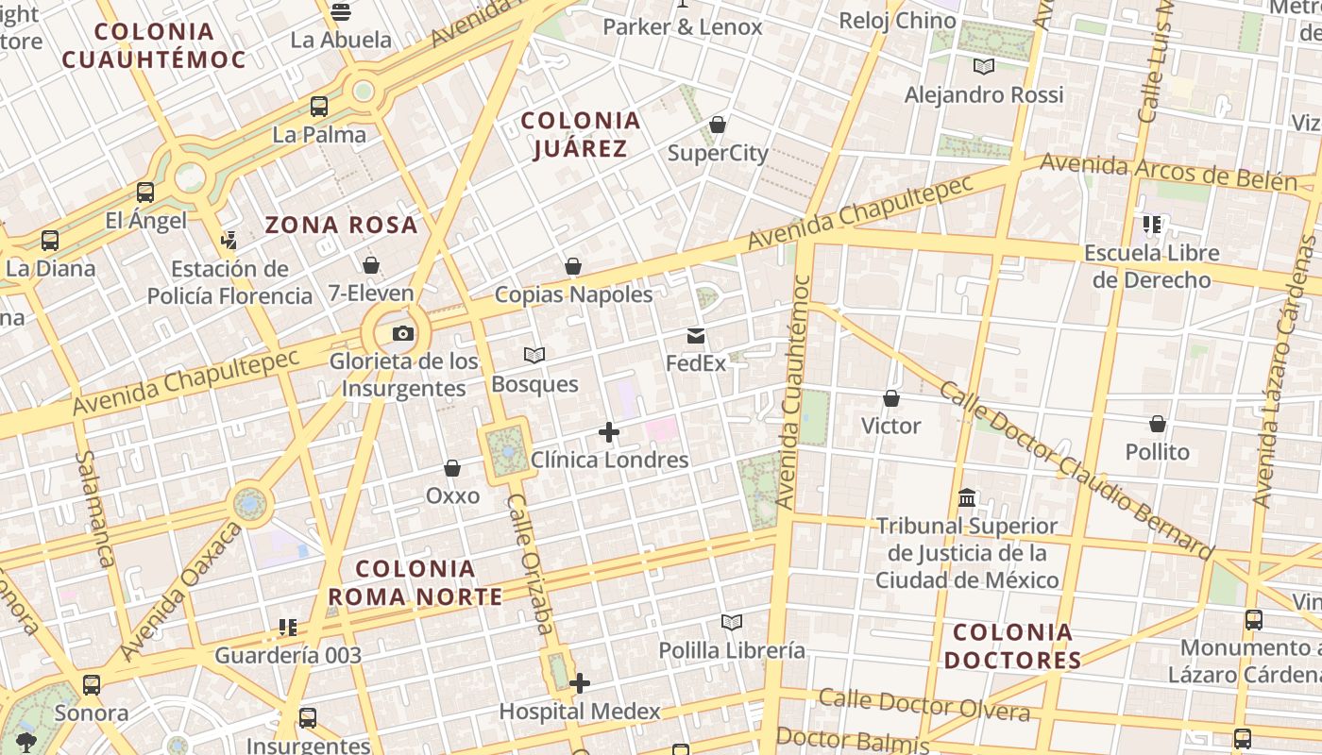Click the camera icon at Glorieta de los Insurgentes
coord(403,333)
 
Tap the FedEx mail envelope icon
coord(696,336)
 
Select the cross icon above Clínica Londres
coord(609,432)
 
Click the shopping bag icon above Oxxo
coord(452,468)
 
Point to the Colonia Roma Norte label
coord(415,582)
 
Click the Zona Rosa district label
coord(341,225)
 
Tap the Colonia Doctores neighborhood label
coord(1012,646)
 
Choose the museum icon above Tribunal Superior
coord(967,497)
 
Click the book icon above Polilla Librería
coord(732,622)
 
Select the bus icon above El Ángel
coord(145,193)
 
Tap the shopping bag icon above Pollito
coord(1158,424)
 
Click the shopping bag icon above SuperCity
coord(718,125)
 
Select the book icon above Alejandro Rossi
coord(984,66)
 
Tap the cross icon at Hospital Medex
coord(580,682)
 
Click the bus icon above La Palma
coord(319,107)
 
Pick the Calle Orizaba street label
coord(532,564)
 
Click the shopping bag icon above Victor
coord(890,398)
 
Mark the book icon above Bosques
coord(534,356)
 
